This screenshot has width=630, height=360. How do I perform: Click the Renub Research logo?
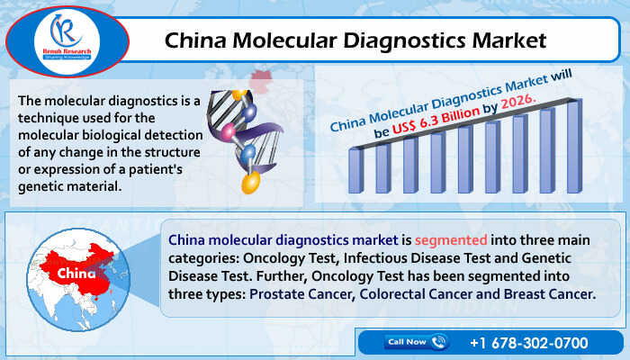67,41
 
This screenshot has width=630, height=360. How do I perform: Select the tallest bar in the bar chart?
574,146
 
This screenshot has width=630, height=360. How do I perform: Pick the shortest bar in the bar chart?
356,170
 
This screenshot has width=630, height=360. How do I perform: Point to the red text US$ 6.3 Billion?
436,120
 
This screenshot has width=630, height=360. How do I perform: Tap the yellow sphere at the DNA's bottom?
251,183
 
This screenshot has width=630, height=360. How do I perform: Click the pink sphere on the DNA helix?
229,131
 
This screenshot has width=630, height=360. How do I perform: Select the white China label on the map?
76,274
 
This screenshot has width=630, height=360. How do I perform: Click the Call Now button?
416,342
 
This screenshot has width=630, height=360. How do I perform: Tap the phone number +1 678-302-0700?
529,343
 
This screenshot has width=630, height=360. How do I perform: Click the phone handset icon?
438,341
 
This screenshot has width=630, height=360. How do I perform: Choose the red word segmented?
451,240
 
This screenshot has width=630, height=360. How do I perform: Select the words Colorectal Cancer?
416,294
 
